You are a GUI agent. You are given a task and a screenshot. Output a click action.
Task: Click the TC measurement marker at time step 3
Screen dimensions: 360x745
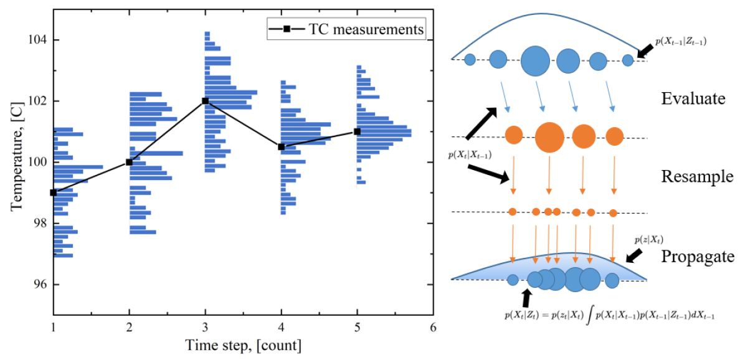205,101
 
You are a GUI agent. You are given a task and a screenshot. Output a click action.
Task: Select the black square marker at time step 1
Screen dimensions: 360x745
54,192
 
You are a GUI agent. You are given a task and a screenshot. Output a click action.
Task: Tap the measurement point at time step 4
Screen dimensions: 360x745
281,147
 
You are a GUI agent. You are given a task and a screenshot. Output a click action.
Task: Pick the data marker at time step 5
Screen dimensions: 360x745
357,131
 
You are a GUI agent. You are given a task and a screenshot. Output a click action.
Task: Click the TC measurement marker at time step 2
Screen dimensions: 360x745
129,162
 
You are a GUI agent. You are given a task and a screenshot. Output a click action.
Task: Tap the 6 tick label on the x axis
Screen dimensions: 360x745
433,326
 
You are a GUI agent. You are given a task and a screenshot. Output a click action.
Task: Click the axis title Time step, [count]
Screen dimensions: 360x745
245,344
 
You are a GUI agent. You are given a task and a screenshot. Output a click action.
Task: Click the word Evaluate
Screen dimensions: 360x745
693,99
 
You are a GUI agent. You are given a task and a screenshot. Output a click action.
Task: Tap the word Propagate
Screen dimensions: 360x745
697,257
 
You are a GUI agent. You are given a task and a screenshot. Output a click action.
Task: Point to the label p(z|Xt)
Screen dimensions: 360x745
647,240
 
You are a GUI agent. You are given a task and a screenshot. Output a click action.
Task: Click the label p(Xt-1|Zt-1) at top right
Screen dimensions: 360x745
681,42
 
